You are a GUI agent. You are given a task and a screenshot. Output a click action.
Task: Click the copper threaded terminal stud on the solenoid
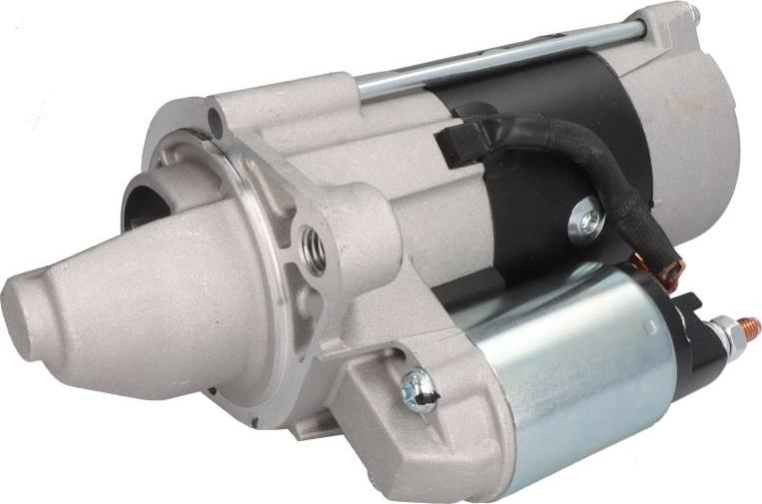[x=747, y=327]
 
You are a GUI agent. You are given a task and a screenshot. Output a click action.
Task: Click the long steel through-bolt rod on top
[x=499, y=61]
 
